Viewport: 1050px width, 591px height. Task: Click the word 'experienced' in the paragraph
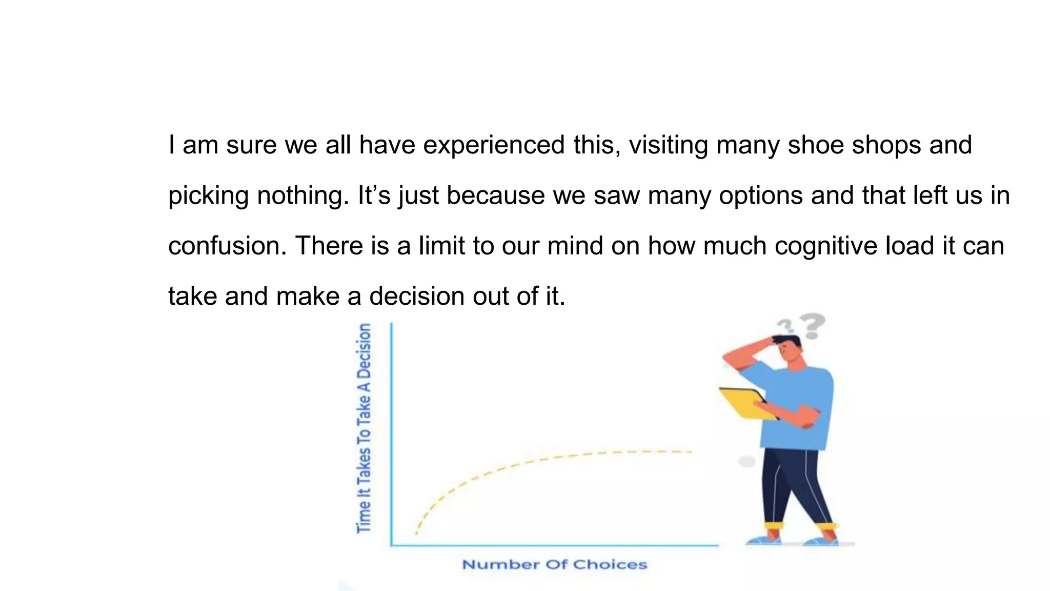click(x=494, y=145)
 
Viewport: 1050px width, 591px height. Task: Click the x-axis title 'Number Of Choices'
click(x=555, y=565)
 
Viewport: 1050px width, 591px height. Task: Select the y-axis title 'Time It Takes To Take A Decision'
click(x=364, y=428)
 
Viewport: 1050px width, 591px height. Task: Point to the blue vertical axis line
click(x=392, y=436)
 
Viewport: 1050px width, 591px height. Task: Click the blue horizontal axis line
click(x=554, y=545)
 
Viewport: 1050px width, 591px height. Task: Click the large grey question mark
click(x=812, y=326)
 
